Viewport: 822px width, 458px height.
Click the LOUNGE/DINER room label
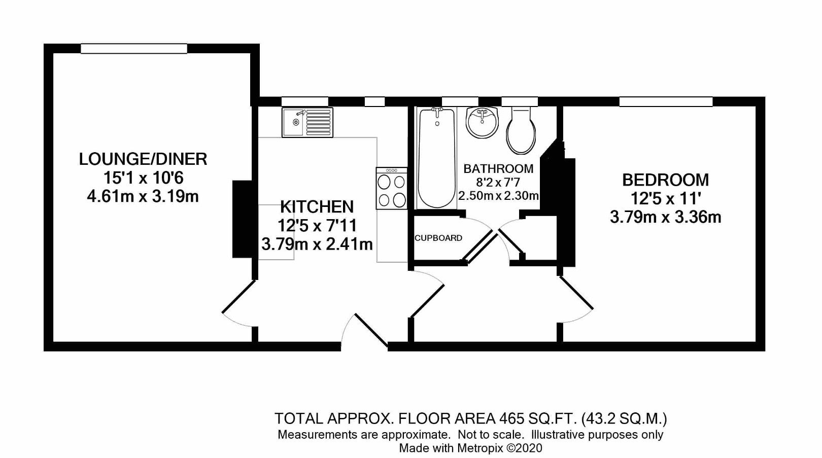143,159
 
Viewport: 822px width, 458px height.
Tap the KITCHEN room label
317,207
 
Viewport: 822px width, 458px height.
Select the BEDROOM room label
666,180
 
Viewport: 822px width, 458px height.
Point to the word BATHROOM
498,169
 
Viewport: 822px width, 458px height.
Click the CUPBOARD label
438,238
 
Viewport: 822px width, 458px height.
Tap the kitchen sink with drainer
307,122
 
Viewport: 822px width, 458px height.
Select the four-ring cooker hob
392,188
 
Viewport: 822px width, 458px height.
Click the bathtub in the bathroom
437,158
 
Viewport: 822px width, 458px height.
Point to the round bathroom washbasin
482,122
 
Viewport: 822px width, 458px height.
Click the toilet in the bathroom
521,130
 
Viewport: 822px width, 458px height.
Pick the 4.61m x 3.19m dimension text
143,197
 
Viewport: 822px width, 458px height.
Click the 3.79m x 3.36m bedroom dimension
666,217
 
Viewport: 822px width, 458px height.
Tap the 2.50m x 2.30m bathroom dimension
498,196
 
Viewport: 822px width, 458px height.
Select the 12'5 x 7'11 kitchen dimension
317,226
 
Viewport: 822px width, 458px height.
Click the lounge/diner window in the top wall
134,49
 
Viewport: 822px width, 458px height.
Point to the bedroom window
666,101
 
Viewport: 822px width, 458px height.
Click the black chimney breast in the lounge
242,219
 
